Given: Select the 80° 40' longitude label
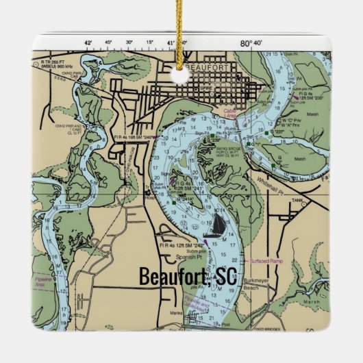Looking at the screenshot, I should pyautogui.click(x=251, y=42).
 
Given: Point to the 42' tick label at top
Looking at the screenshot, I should pyautogui.click(x=88, y=42).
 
